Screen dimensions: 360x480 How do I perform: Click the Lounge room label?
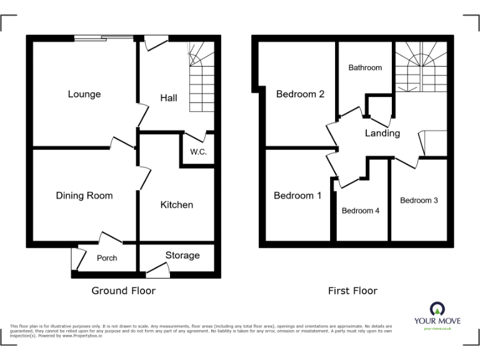tap(84, 94)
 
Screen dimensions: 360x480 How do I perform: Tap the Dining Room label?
tap(84, 196)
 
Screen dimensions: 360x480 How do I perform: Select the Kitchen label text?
tap(177, 205)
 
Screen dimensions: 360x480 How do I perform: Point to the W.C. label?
tap(198, 152)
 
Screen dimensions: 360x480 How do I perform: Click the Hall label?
tap(169, 98)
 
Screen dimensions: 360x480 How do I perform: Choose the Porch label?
tap(107, 258)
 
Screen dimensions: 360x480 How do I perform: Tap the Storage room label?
tap(182, 255)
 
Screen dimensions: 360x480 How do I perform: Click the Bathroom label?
tap(365, 67)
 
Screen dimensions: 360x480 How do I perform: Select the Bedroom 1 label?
tap(297, 196)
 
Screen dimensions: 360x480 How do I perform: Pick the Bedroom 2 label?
tap(300, 94)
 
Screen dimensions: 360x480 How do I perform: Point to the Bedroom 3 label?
tap(419, 201)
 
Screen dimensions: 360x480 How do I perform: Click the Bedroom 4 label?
tap(361, 211)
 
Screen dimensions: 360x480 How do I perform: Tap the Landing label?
tap(382, 133)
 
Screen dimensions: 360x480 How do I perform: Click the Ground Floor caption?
tap(124, 291)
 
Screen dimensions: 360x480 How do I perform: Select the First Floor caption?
tap(353, 291)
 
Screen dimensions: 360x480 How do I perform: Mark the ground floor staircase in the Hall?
tap(201, 78)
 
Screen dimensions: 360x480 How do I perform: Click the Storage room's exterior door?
tap(158, 271)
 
